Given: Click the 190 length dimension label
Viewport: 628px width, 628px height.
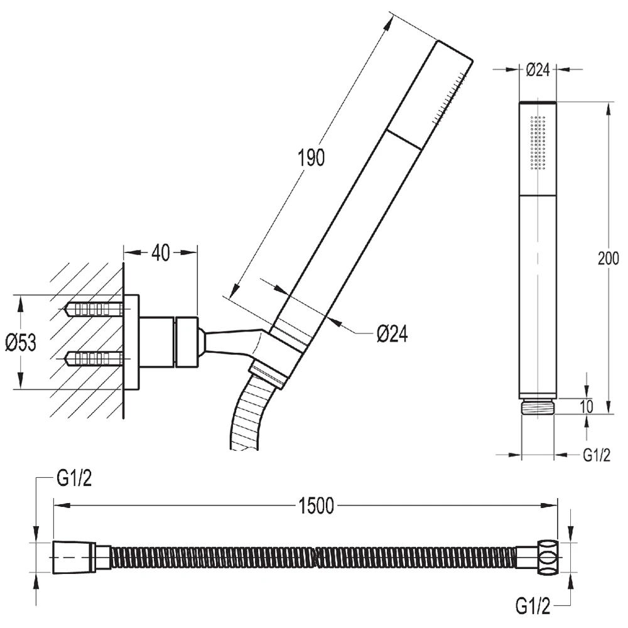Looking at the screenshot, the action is (311, 157).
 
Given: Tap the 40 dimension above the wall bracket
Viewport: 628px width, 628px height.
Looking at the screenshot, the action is (161, 252).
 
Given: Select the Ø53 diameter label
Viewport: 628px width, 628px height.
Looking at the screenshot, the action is (21, 342).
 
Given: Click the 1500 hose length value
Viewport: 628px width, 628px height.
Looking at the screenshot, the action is (316, 506).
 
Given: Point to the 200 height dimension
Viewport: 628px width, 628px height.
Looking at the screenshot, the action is (608, 258).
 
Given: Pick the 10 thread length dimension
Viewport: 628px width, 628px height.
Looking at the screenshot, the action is (586, 406).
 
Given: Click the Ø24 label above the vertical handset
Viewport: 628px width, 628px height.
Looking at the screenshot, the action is (538, 70).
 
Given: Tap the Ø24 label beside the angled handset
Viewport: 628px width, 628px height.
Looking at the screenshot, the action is (392, 333).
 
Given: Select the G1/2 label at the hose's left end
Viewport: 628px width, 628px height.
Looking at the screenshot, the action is (74, 478).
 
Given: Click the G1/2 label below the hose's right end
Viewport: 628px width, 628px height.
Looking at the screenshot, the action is (533, 606).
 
